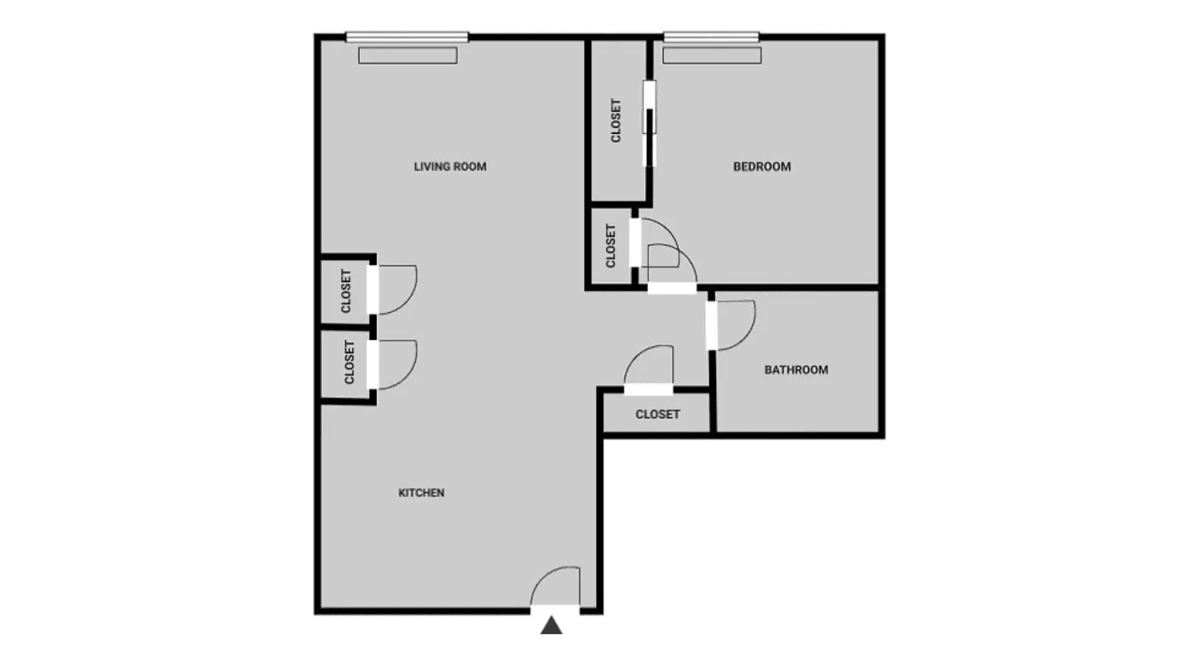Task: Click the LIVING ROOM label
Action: click(450, 166)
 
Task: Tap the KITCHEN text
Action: click(421, 492)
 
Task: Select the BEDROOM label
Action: click(761, 166)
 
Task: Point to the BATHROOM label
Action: click(795, 370)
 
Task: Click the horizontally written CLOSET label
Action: click(657, 414)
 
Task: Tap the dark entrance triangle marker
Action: click(551, 626)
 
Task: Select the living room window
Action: click(406, 36)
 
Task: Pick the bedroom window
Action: click(711, 36)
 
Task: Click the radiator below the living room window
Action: click(407, 55)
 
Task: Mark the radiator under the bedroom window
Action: click(711, 55)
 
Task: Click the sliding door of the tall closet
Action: click(650, 122)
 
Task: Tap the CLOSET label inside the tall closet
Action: click(616, 121)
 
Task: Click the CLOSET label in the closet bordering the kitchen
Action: click(349, 362)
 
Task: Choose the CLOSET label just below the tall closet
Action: click(612, 246)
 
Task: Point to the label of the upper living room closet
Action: click(346, 291)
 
